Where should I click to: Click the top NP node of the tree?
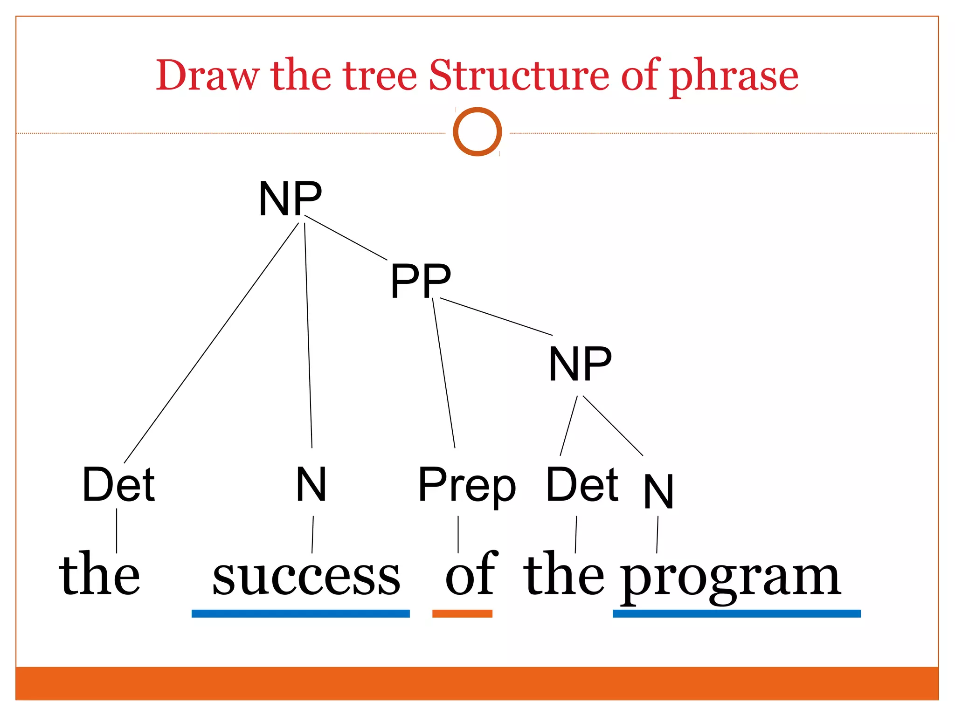pyautogui.click(x=290, y=199)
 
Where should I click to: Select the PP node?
pyautogui.click(x=421, y=281)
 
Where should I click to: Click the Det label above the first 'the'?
pyautogui.click(x=118, y=485)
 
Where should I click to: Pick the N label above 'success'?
pyautogui.click(x=311, y=485)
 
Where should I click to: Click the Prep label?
pyautogui.click(x=467, y=486)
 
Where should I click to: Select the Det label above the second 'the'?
pyautogui.click(x=582, y=485)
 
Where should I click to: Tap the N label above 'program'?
pyautogui.click(x=658, y=491)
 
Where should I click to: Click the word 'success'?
pyautogui.click(x=306, y=576)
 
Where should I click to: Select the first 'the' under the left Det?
pyautogui.click(x=99, y=574)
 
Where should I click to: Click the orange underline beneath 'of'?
pyautogui.click(x=462, y=613)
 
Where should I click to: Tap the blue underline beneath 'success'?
pyautogui.click(x=300, y=613)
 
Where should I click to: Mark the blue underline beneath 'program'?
pyautogui.click(x=736, y=613)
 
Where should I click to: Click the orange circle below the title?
pyautogui.click(x=477, y=132)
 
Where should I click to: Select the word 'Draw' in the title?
pyautogui.click(x=207, y=76)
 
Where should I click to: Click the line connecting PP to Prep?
pyautogui.click(x=443, y=373)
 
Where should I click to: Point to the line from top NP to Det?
pyautogui.click(x=211, y=344)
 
